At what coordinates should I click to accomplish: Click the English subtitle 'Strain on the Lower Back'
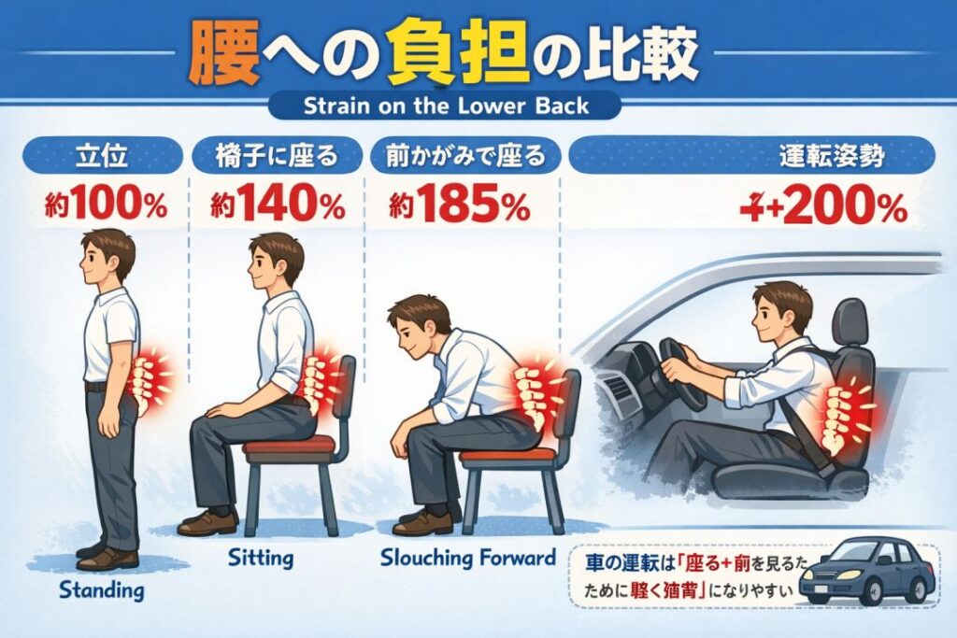pyautogui.click(x=446, y=105)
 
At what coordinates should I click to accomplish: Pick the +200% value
pyautogui.click(x=822, y=207)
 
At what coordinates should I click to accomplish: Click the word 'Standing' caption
pyautogui.click(x=101, y=589)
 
